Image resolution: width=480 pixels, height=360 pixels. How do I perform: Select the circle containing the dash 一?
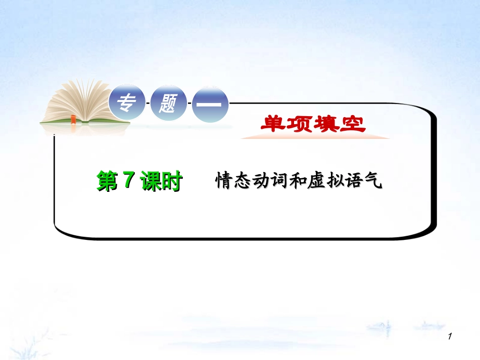[x=210, y=104]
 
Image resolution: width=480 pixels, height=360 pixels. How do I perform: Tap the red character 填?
[x=326, y=124]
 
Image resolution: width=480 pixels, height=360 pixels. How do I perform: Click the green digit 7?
[x=128, y=180]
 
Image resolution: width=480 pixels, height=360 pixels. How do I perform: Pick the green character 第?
[x=108, y=181]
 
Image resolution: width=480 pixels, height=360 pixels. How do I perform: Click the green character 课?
[x=150, y=181]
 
